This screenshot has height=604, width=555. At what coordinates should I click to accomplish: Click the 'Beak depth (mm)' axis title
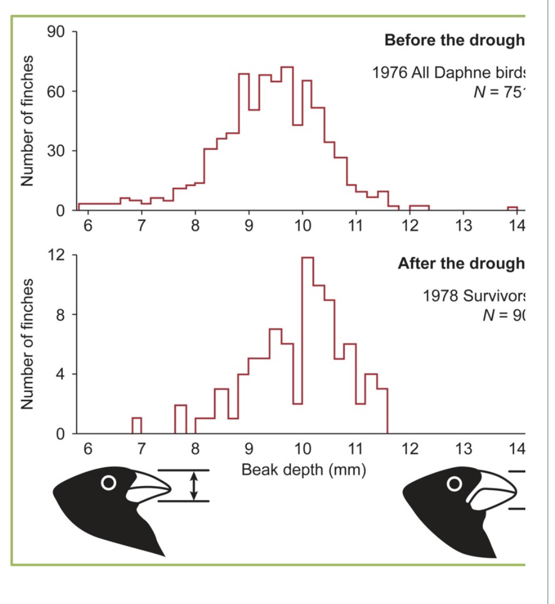coord(303,470)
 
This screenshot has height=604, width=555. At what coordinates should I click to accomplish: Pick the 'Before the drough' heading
coord(455,41)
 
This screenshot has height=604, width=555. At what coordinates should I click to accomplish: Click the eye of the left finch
coord(109,482)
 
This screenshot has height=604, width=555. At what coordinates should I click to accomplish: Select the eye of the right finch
coord(454,483)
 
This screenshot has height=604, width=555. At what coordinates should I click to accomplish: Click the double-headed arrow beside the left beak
coord(193,486)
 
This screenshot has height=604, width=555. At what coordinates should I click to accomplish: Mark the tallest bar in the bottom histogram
coord(308,345)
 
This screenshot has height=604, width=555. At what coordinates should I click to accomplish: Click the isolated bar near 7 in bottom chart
coord(137,426)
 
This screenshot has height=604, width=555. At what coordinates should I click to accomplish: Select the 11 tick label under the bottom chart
coord(356,450)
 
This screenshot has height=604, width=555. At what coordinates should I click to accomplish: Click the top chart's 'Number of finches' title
coord(27,121)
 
